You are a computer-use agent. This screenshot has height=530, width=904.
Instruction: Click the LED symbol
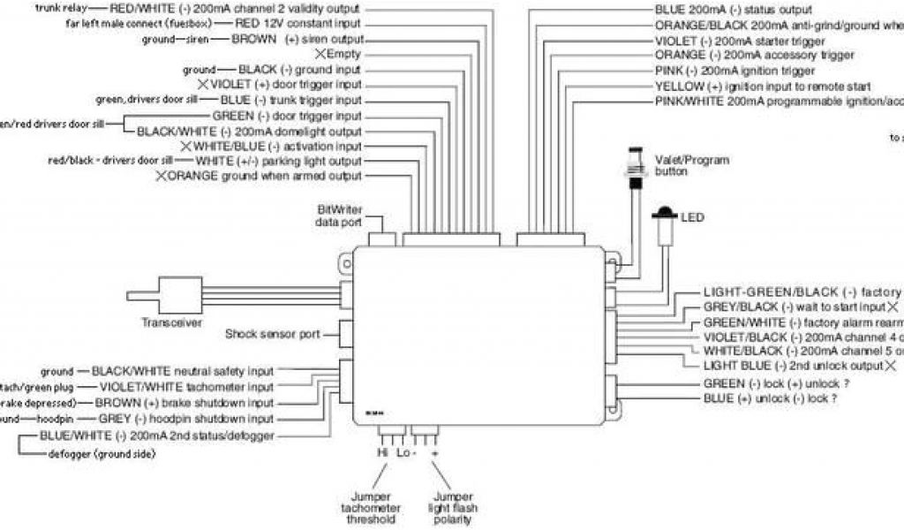tap(664, 215)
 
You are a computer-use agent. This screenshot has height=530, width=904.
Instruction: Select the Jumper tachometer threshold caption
tap(371, 509)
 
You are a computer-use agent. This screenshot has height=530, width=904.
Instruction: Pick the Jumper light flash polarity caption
tap(448, 509)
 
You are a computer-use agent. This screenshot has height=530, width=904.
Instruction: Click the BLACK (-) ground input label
tap(300, 70)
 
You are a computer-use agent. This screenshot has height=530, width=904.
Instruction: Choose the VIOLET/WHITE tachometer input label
tap(186, 387)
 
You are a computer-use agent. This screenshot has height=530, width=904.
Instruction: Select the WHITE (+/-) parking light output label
tap(278, 162)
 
